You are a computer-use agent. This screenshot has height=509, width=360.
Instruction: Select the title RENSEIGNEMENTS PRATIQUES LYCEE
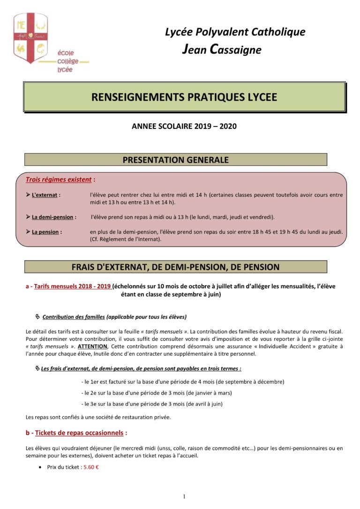tap(184, 97)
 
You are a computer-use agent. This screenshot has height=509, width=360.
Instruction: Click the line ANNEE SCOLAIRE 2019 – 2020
tap(184, 126)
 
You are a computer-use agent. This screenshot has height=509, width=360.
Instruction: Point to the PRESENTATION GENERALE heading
tap(175, 160)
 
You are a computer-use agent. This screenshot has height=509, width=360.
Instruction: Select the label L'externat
tap(45, 195)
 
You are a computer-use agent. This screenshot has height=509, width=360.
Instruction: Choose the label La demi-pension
tap(52, 217)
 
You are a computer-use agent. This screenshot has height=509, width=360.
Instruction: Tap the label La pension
tap(46, 232)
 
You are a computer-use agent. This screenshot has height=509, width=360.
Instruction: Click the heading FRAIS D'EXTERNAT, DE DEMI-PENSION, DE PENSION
tap(175, 267)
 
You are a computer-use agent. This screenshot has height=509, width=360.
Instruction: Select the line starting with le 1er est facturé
tap(182, 382)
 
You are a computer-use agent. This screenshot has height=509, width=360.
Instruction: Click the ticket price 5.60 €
tap(91, 467)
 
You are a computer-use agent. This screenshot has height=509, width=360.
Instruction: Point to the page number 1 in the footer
tap(184, 496)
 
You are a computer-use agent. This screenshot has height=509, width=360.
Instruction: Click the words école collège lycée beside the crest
tap(67, 61)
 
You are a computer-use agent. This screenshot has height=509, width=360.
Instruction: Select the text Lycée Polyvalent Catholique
tap(235, 32)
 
